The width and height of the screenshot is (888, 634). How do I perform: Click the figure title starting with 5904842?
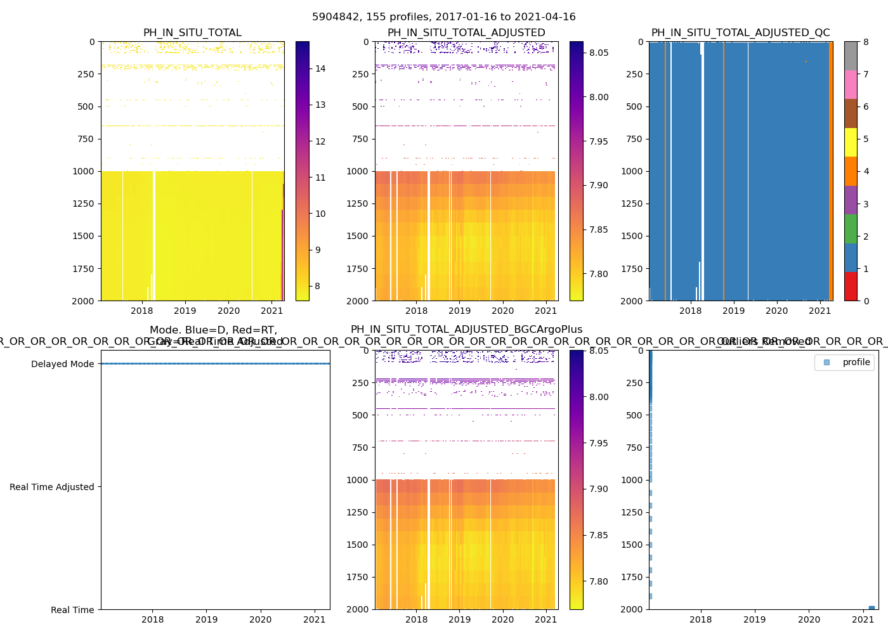coord(444,17)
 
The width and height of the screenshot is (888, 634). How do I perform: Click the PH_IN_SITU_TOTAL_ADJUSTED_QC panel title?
coord(740,33)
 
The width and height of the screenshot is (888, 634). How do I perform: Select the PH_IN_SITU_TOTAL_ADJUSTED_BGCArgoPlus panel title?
coord(466,330)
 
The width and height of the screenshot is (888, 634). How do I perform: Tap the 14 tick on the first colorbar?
coord(320,68)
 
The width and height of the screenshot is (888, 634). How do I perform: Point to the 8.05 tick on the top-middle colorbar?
coord(599,53)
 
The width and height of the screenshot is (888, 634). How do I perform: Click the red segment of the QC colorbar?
coord(851,287)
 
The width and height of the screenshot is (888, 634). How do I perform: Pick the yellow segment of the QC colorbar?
coord(851,142)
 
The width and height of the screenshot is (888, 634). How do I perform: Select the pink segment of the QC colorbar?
coord(851,84)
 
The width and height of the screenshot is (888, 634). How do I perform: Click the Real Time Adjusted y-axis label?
coord(51,487)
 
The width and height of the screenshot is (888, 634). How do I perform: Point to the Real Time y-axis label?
coord(72,610)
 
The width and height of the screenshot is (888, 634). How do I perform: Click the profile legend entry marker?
coord(826,362)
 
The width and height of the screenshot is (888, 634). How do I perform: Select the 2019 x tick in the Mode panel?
coord(206,619)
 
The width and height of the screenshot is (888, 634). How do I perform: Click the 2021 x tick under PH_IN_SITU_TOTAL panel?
coord(271,311)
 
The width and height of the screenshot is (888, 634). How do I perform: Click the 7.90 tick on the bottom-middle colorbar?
coord(599,489)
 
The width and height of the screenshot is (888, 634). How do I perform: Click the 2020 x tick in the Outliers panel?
coord(809,619)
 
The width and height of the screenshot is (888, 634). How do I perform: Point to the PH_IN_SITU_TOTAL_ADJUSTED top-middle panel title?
coord(466,33)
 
